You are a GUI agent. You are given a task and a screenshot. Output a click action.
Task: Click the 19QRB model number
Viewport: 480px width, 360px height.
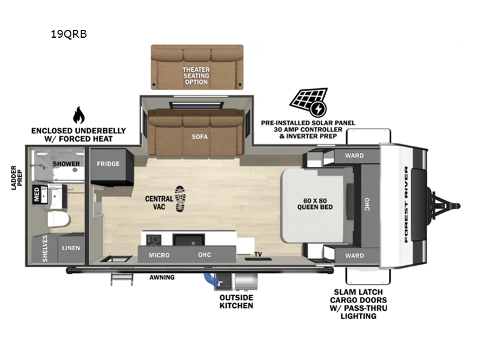coord(68,34)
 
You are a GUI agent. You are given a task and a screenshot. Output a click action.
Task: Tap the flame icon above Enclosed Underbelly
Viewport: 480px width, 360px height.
coord(79,115)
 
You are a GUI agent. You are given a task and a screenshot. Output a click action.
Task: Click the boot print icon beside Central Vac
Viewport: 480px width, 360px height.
coord(181,199)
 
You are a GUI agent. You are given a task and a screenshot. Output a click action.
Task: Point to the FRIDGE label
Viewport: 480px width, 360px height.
coord(108,164)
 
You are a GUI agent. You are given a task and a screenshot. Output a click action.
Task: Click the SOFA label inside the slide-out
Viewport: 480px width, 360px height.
coord(200,137)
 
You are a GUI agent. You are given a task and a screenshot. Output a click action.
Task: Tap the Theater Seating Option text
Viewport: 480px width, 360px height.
coord(196,76)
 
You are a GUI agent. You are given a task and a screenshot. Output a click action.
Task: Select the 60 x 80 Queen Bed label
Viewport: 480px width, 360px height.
coord(315,203)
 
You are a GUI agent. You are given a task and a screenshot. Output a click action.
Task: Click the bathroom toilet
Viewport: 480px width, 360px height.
coord(59,220)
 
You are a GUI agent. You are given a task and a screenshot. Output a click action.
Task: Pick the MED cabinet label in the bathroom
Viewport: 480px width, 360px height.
coord(37,194)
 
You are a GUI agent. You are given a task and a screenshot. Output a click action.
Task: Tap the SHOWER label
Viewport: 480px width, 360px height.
coord(66,164)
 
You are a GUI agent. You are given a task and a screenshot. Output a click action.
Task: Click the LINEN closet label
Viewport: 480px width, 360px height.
coord(71,248)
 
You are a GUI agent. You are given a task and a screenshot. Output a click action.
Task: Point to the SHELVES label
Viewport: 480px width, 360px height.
coord(45,248)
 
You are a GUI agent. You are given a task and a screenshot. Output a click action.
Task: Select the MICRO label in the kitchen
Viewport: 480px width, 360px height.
coord(159,255)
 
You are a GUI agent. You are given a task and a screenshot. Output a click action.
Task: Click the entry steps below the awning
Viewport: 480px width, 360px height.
coord(122,279)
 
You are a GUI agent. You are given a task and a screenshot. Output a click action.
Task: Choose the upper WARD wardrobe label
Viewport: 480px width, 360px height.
coord(355,155)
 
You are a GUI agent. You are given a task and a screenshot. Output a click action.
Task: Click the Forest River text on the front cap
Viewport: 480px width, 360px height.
coord(406,204)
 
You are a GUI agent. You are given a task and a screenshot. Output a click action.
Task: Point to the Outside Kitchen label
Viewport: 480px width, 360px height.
coord(236,302)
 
